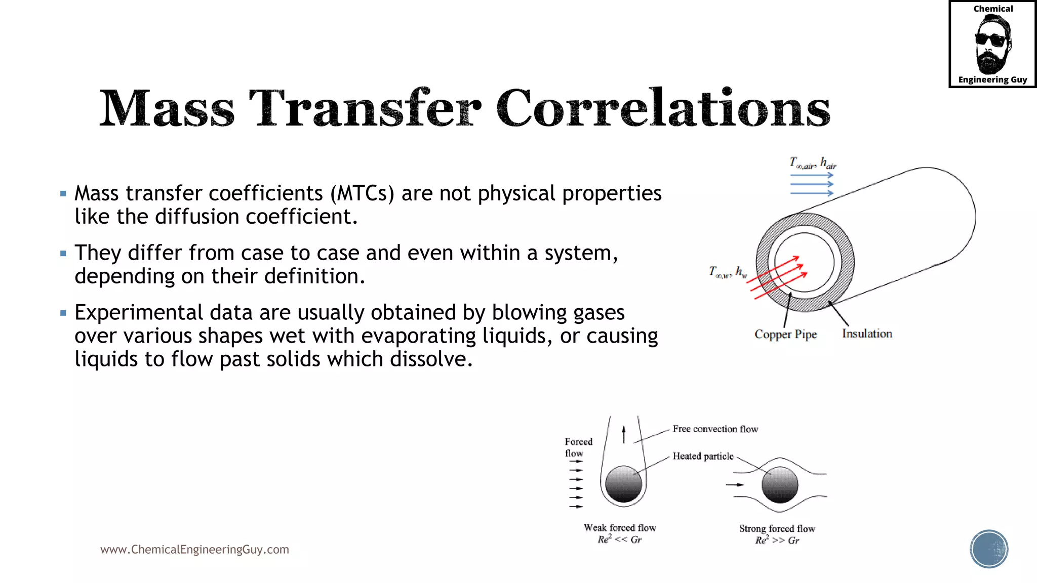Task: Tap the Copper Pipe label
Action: (x=785, y=335)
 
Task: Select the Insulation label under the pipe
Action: (x=867, y=334)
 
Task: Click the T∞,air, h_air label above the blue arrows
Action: (x=812, y=163)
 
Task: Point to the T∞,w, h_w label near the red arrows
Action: (x=728, y=272)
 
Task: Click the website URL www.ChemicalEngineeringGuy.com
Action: (x=194, y=549)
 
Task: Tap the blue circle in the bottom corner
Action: (x=988, y=549)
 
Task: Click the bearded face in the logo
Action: (x=992, y=45)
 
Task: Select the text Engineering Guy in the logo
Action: (x=992, y=79)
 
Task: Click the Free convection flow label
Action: (x=715, y=429)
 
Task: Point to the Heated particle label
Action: (x=703, y=456)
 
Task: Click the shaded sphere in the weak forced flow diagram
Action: (x=623, y=484)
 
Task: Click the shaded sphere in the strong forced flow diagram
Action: (x=780, y=485)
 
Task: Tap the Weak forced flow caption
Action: (x=620, y=528)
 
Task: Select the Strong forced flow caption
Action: (x=777, y=529)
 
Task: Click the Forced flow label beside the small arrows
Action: (x=578, y=447)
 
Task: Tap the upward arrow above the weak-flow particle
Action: (x=623, y=434)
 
